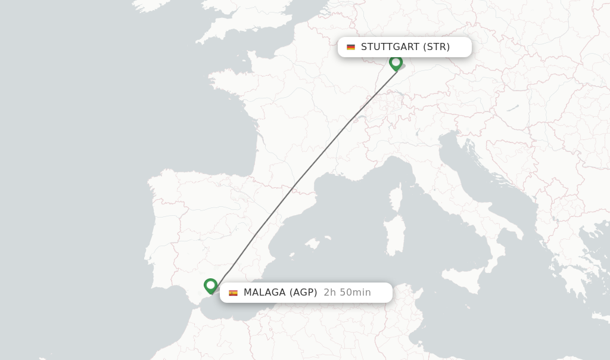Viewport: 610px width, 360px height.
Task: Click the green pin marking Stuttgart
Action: (396, 62)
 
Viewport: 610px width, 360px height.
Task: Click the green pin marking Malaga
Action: (210, 285)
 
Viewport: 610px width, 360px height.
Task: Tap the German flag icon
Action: (351, 47)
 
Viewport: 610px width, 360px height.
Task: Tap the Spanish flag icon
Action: (233, 293)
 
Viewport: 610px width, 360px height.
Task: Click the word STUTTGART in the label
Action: (390, 47)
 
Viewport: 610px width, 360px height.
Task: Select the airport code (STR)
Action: (436, 47)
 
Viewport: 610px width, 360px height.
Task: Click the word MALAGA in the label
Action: (264, 293)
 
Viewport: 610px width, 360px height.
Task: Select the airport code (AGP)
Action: (303, 293)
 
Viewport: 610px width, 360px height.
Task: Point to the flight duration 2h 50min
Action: (347, 293)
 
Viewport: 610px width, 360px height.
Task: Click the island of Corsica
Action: (396, 196)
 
